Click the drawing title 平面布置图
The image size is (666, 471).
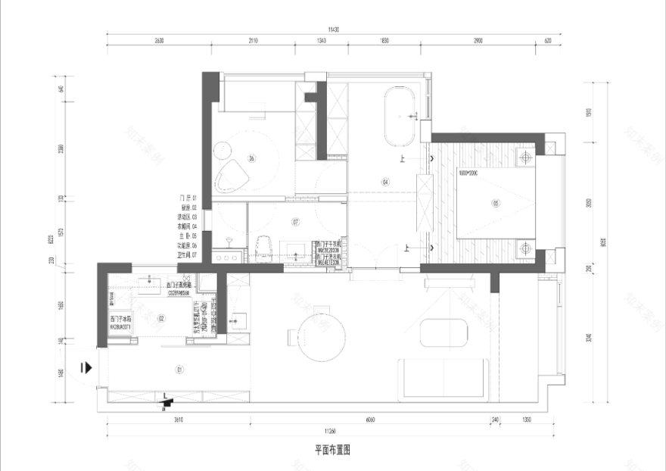(x=332, y=449)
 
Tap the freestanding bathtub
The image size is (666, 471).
(x=399, y=117)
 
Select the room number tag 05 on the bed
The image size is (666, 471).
(x=496, y=203)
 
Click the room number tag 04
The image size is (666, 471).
(x=385, y=182)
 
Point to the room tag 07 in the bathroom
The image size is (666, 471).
(x=295, y=223)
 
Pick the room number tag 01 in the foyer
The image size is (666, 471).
(x=179, y=370)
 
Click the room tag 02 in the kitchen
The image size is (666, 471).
(x=160, y=319)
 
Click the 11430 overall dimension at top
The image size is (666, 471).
(x=332, y=30)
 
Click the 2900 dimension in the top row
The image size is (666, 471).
(x=478, y=41)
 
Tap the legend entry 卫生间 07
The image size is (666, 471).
(x=185, y=255)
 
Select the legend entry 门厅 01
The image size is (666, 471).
(x=185, y=198)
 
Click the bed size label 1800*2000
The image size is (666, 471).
(x=469, y=173)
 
